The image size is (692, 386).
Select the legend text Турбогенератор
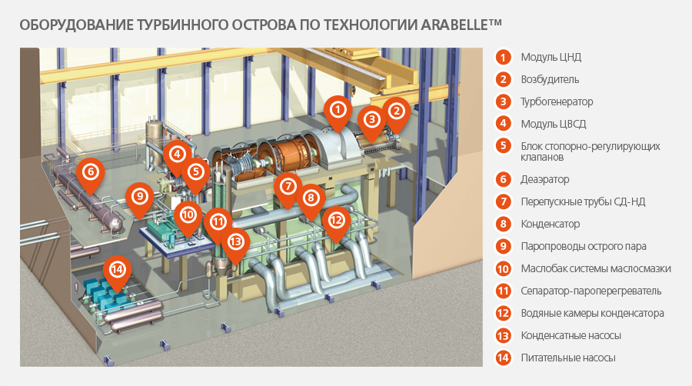(x=557, y=102)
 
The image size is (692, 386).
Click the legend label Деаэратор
(x=545, y=180)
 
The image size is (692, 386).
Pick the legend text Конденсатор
(x=551, y=224)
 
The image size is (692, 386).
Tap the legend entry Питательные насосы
(x=568, y=358)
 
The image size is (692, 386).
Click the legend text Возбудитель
(x=550, y=79)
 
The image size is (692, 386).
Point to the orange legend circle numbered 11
(x=503, y=291)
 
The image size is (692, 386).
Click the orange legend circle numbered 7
(x=503, y=202)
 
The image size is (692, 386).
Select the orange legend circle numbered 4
(x=503, y=124)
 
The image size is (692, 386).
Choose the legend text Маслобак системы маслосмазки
(x=596, y=268)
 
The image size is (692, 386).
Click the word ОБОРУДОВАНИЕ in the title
(x=76, y=25)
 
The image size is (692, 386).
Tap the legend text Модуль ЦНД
(x=551, y=58)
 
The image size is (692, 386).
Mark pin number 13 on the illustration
(x=236, y=242)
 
